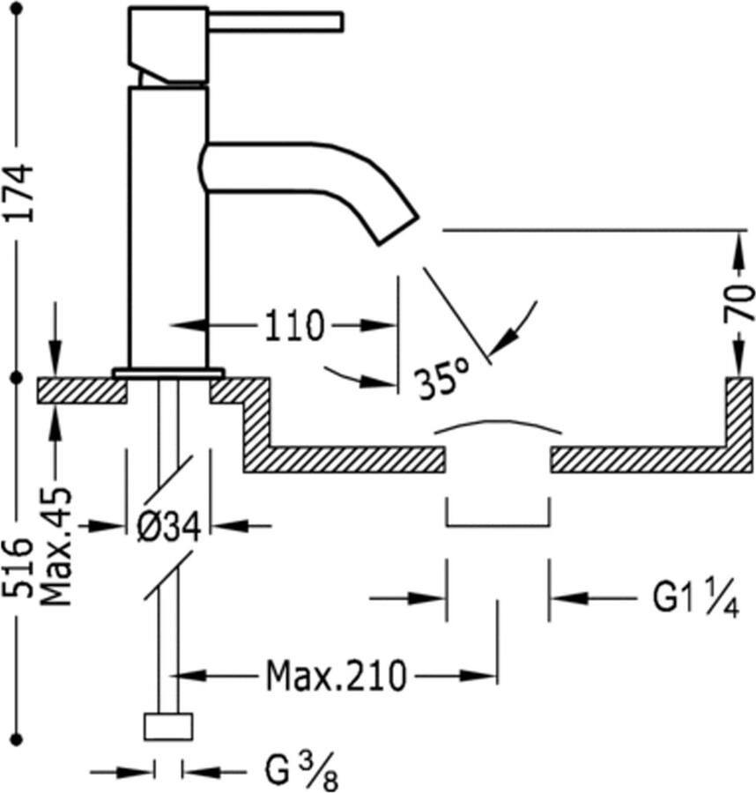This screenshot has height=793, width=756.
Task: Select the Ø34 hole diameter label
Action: click(169, 527)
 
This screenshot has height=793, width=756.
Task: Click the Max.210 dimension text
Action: click(337, 677)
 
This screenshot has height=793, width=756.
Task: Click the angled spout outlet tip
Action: click(397, 227)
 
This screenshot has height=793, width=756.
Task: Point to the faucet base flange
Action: click(167, 373)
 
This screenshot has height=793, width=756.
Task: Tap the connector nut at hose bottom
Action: click(167, 727)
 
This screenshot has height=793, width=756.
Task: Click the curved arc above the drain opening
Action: click(498, 426)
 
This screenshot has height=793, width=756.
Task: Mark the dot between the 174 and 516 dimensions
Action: click(15, 378)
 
